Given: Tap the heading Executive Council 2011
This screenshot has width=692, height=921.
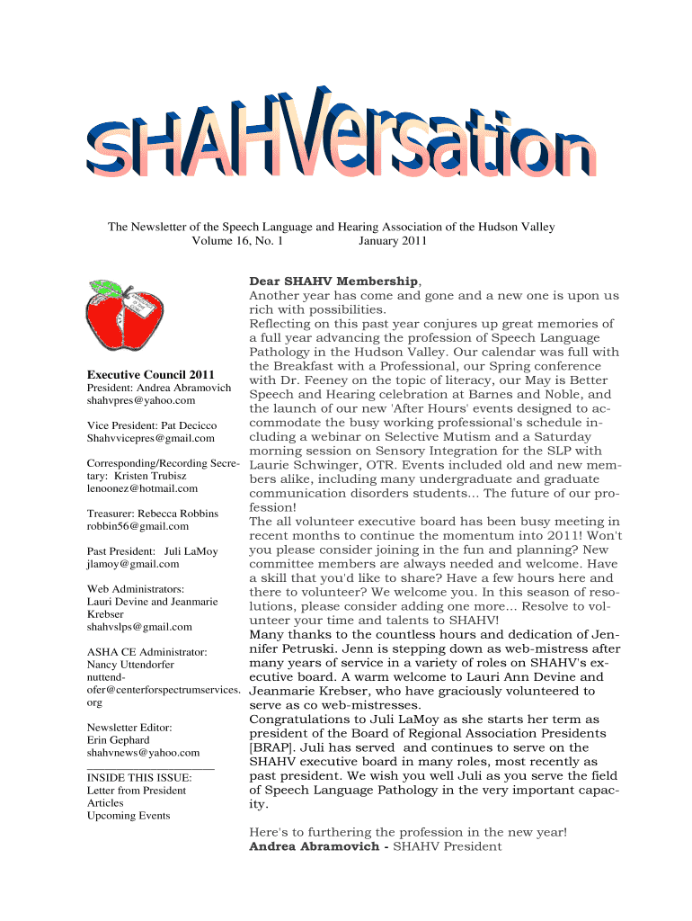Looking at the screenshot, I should pyautogui.click(x=150, y=374).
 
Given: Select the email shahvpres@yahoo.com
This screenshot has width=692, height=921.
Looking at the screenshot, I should pyautogui.click(x=141, y=399).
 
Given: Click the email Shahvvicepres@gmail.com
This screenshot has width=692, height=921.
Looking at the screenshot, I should pyautogui.click(x=151, y=438).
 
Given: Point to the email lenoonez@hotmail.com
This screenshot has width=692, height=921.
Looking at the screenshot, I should pyautogui.click(x=142, y=488).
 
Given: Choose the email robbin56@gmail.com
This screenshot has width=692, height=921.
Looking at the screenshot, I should pyautogui.click(x=138, y=526).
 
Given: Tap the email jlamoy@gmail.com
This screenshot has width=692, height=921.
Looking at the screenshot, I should pyautogui.click(x=133, y=564).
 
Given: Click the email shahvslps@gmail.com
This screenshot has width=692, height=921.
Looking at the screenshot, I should pyautogui.click(x=139, y=627).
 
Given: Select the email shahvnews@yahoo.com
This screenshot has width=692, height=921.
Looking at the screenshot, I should pyautogui.click(x=143, y=752).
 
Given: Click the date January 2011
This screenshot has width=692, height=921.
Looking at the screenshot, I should pyautogui.click(x=393, y=241).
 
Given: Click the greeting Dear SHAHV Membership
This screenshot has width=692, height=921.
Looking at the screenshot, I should pyautogui.click(x=333, y=282).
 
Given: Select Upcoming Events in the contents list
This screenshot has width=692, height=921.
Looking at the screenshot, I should pyautogui.click(x=128, y=816).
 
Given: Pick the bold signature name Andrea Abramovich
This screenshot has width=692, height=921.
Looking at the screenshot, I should pyautogui.click(x=314, y=846).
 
